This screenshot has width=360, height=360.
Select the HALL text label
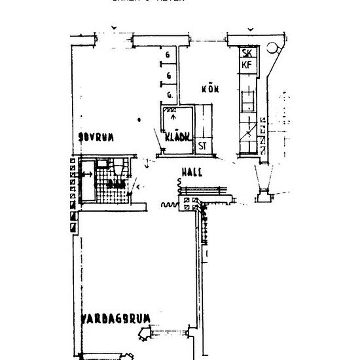pos(192,173)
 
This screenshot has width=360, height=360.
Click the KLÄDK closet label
pos(177,137)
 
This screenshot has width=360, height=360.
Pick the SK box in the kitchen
pos(247,53)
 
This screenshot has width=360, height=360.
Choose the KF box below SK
pos(247,65)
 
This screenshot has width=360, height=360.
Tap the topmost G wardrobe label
pos(168,54)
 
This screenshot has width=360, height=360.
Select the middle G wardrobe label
pos(168,76)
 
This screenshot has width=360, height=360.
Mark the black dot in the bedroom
pos(140,120)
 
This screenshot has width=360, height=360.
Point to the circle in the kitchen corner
pos(274,49)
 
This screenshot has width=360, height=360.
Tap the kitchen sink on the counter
pos(249,101)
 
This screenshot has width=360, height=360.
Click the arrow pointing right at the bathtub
pos(85,175)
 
